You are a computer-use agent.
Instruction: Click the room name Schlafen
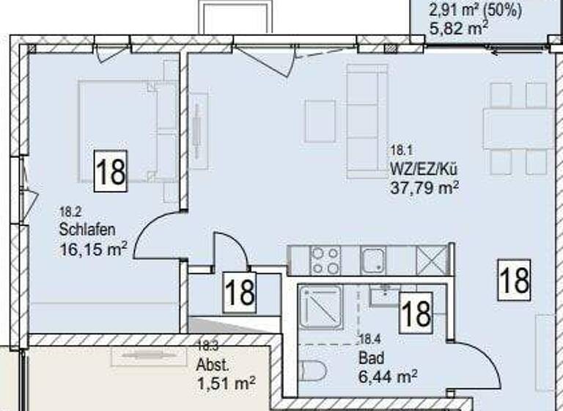pos(87,230)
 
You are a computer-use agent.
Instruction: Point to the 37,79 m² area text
pos(426,187)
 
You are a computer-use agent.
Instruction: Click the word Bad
pos(370,360)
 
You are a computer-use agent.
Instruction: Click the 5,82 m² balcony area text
pos(458,28)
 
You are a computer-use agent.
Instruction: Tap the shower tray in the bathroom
pos(320,307)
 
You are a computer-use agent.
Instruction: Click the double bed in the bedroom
pos(128,131)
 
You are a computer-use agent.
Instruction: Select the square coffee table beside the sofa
pos(320,121)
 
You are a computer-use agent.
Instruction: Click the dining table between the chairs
pos(518,128)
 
